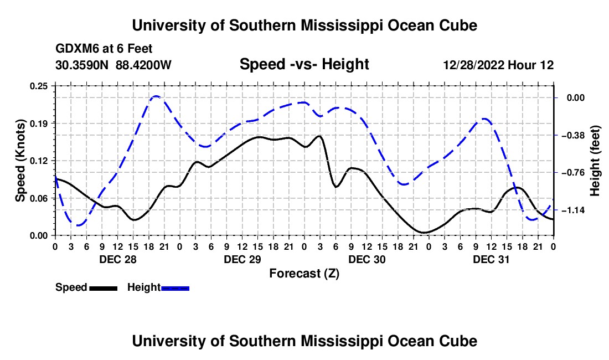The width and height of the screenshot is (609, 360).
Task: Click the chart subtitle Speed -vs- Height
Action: tap(304, 64)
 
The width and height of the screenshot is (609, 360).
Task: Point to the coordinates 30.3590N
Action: tap(82, 65)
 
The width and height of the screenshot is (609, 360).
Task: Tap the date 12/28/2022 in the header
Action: tap(474, 65)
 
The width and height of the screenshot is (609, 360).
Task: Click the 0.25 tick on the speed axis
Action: tap(39, 86)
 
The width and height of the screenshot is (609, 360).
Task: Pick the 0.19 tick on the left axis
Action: tap(39, 124)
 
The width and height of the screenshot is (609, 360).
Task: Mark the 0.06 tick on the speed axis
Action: tap(39, 198)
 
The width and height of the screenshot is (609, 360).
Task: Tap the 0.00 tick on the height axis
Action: tap(576, 97)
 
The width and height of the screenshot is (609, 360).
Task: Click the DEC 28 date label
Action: tap(118, 259)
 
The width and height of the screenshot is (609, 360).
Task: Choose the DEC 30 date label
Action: tap(367, 259)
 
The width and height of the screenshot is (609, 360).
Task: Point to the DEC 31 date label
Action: tap(491, 259)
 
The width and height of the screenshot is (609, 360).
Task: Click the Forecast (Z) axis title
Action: tap(304, 274)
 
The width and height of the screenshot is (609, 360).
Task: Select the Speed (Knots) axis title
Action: tap(20, 161)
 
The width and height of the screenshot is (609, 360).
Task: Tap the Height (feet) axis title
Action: tap(595, 161)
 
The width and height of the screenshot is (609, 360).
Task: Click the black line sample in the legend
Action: tap(104, 288)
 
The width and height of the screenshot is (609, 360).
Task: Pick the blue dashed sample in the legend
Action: tap(175, 288)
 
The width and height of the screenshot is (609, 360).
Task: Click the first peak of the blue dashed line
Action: tap(156, 96)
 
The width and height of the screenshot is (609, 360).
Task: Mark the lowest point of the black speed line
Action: tap(424, 232)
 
